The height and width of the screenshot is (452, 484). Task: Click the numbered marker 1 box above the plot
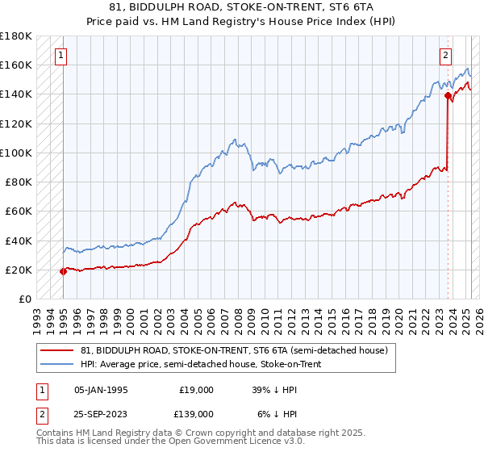tap(61, 56)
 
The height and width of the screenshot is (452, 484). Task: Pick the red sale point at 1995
tap(63, 271)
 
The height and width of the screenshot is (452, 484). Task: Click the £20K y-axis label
tap(19, 270)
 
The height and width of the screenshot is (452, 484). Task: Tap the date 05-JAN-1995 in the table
tap(101, 390)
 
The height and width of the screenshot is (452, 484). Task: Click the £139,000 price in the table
tap(196, 413)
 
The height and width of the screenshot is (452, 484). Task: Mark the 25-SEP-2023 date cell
tap(101, 413)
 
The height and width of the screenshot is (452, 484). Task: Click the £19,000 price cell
tap(196, 390)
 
